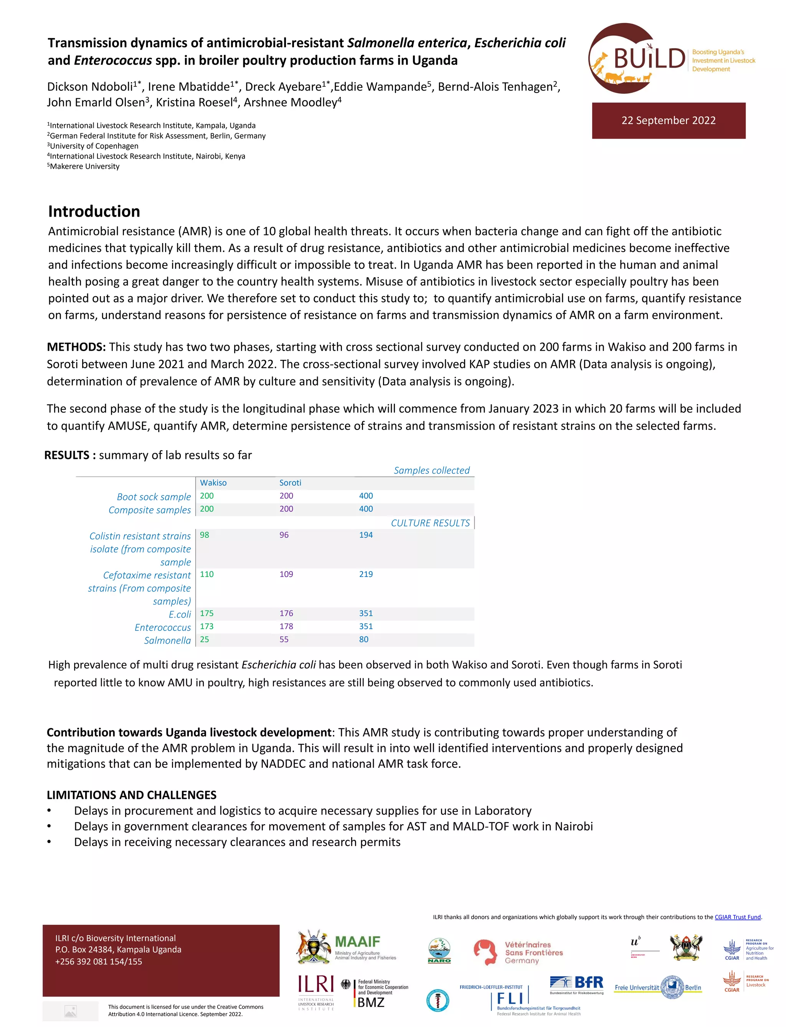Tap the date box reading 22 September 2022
click(668, 121)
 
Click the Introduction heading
click(94, 212)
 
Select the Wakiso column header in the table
click(213, 483)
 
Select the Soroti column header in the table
click(290, 483)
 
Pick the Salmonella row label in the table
click(167, 640)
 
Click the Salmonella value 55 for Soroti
click(284, 639)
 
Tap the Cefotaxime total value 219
click(366, 574)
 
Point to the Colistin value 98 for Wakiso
click(205, 535)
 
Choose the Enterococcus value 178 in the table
click(286, 626)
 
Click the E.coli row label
click(180, 614)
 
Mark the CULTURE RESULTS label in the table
click(430, 523)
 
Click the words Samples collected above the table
click(431, 470)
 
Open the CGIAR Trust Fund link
click(737, 917)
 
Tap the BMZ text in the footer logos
click(371, 1002)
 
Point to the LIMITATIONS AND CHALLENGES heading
click(132, 795)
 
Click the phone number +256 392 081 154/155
click(98, 961)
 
